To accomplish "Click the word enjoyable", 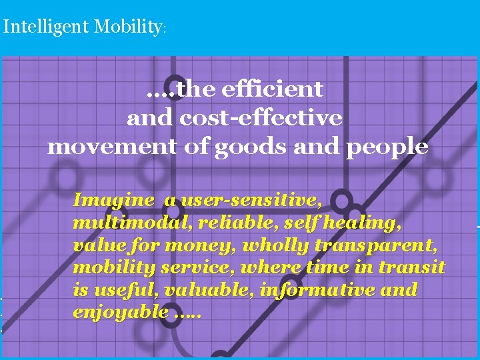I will [121, 313].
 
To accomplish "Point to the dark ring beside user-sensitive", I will [342, 200].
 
